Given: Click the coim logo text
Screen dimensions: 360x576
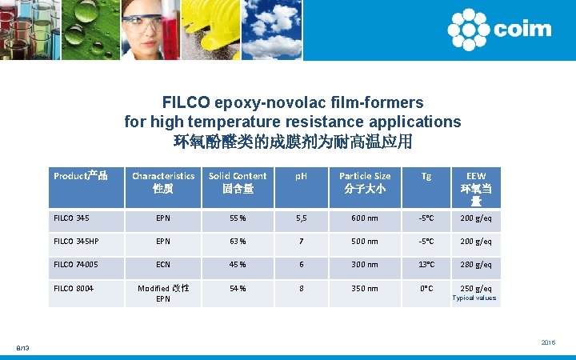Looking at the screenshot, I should click(x=523, y=30).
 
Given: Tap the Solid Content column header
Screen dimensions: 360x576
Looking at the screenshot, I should click(x=238, y=182).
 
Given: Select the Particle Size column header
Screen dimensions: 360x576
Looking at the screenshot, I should click(x=365, y=182).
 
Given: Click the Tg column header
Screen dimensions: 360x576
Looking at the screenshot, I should click(x=426, y=176).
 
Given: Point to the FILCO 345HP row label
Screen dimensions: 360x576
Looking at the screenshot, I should click(x=76, y=241).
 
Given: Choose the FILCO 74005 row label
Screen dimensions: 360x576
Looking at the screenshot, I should click(x=76, y=265).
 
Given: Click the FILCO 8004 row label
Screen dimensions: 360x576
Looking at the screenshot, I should click(x=73, y=289).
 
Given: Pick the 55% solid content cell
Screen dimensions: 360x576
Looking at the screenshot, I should click(x=238, y=218).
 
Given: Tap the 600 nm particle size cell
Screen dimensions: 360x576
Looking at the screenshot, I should click(x=365, y=218).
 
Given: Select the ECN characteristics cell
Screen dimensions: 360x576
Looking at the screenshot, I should click(x=163, y=265).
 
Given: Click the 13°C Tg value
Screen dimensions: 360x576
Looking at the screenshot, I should click(x=426, y=265).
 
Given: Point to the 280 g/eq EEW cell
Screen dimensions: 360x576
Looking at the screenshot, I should click(x=476, y=265).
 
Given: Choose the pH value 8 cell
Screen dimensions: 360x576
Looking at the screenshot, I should click(x=302, y=289).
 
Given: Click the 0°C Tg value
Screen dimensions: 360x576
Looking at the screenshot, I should click(x=426, y=289).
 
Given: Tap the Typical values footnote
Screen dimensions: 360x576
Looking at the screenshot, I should click(x=474, y=298).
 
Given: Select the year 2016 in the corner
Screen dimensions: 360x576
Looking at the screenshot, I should click(x=548, y=342).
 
